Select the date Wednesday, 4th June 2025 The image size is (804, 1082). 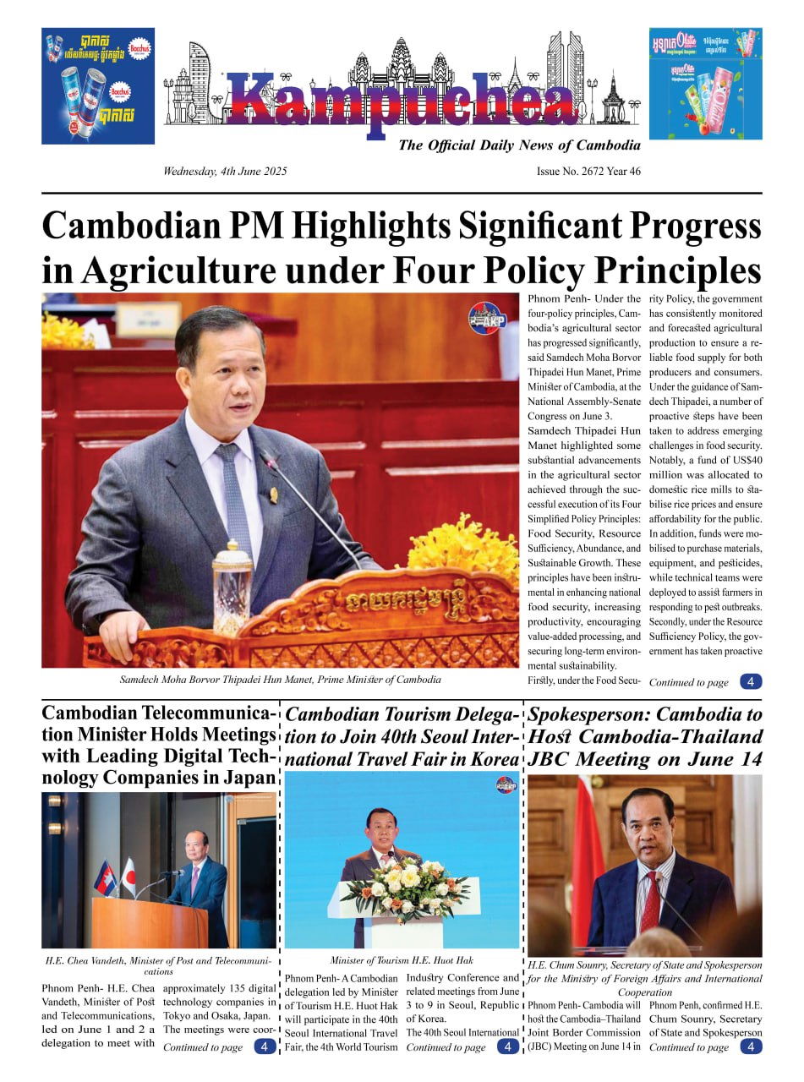pyautogui.click(x=225, y=172)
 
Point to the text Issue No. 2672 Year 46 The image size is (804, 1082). pyautogui.click(x=588, y=172)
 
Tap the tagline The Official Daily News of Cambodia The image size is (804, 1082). pyautogui.click(x=519, y=145)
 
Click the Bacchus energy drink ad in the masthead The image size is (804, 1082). pyautogui.click(x=98, y=85)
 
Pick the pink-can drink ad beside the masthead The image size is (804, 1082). pyautogui.click(x=705, y=84)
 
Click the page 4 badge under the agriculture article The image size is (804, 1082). pyautogui.click(x=750, y=681)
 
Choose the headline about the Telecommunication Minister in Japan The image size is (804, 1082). pyautogui.click(x=159, y=746)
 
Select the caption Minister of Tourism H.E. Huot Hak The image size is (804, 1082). pyautogui.click(x=402, y=960)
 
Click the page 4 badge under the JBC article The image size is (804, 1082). pyautogui.click(x=750, y=1046)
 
